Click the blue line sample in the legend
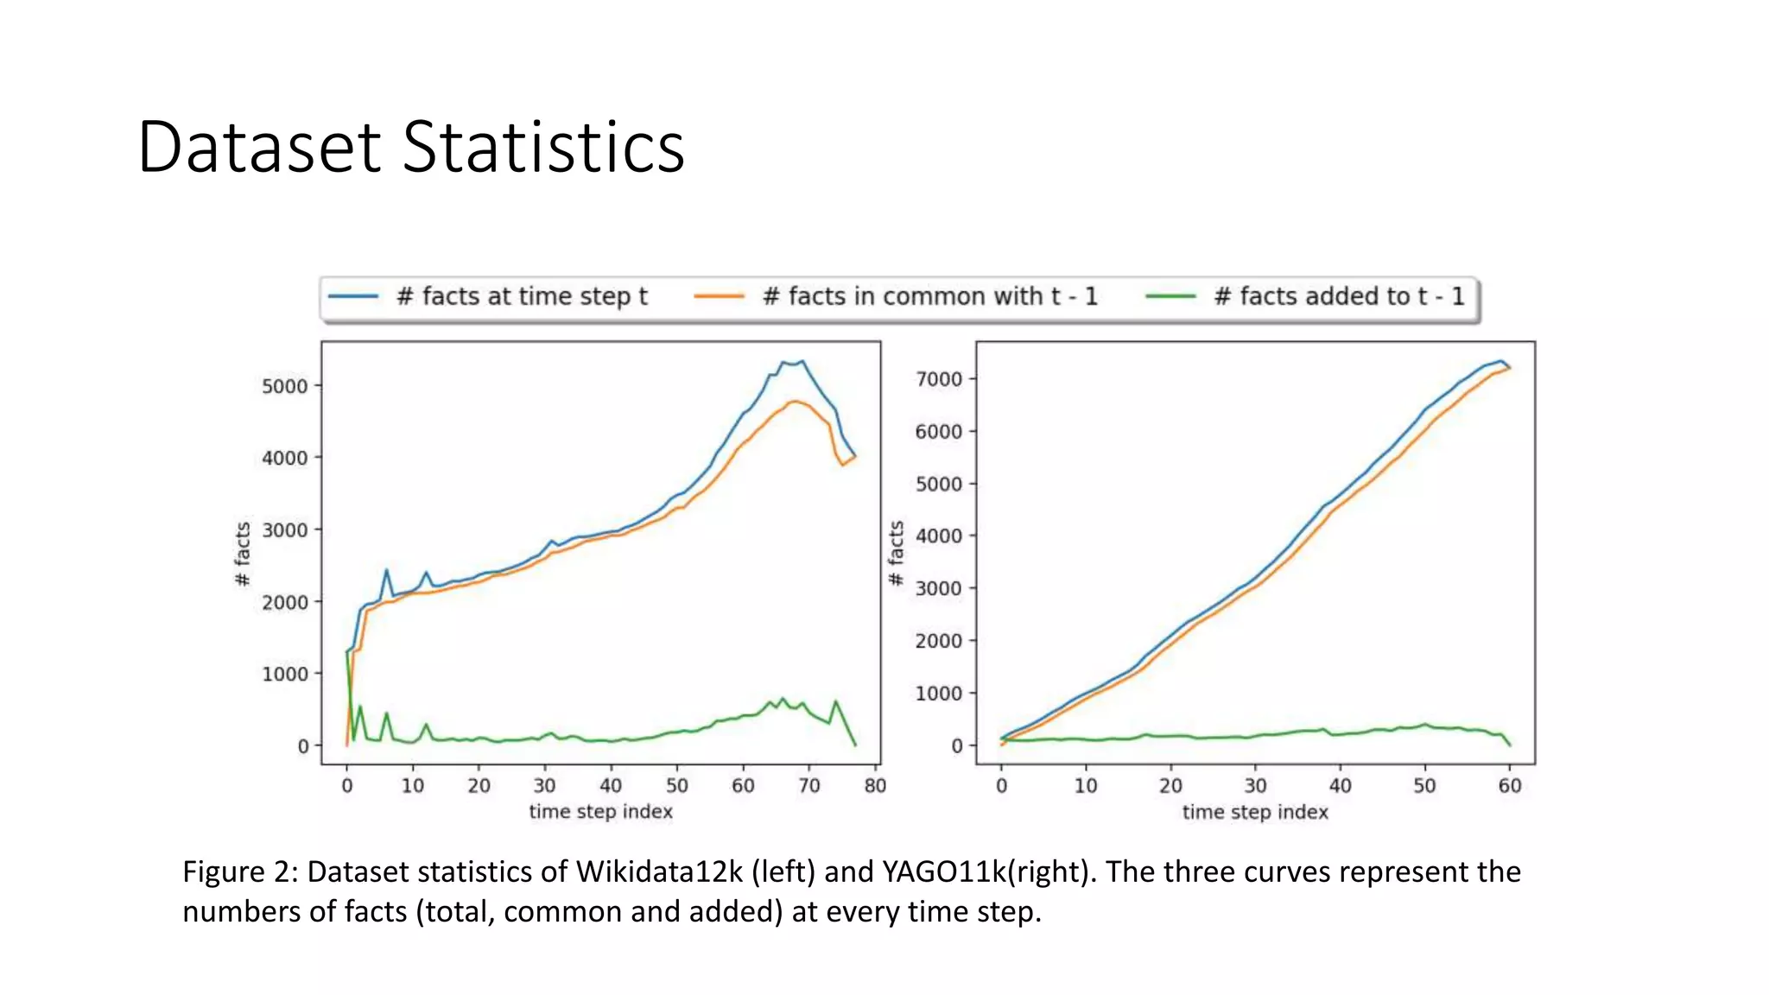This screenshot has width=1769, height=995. pos(353,296)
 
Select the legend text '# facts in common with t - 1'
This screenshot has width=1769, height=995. pos(929,296)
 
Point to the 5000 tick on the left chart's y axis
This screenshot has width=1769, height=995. pos(285,386)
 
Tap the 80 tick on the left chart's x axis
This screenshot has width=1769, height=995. pos(875,785)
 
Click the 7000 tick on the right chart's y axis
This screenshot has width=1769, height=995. pos(939,379)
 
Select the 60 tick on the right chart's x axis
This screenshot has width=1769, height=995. pos(1509,785)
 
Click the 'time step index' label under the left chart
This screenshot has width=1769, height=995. pos(600,812)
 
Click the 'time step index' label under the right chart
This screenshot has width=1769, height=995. pos(1254,812)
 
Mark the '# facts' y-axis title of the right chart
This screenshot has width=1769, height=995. pos(897,553)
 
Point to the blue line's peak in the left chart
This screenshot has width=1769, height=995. pos(802,362)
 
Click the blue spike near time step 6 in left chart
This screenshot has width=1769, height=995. pos(386,570)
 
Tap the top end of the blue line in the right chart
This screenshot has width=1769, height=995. pos(1501,361)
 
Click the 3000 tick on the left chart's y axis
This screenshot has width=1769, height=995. pos(285,530)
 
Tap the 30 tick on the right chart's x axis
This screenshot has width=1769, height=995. pos(1254,785)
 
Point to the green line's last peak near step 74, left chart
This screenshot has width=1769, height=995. pos(835,701)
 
